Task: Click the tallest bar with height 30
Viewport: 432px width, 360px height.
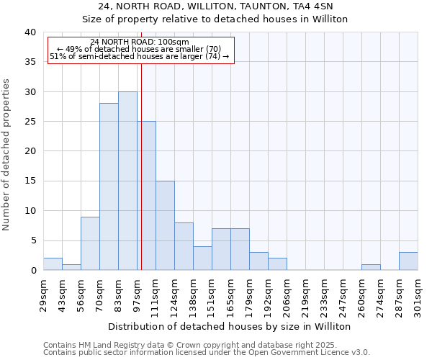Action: point(127,181)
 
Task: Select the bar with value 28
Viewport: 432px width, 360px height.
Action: point(109,186)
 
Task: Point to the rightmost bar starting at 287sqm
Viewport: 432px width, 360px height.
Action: point(408,261)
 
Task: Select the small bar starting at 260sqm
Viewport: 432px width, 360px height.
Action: point(371,267)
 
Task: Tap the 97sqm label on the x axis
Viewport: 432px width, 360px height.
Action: point(138,291)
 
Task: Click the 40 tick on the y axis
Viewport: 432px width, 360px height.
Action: point(30,32)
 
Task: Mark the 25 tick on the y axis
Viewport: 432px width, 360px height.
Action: point(30,122)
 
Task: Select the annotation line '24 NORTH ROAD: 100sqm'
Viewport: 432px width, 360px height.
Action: point(140,42)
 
